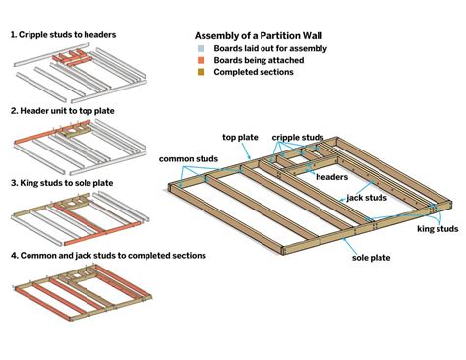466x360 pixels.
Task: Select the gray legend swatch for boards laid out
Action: pos(200,47)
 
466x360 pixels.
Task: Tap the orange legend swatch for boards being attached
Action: pos(200,60)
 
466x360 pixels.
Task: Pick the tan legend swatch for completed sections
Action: pos(200,73)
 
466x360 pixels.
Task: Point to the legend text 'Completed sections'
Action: pos(252,73)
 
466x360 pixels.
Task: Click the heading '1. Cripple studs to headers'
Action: pos(64,35)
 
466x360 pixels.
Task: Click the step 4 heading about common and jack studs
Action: pos(108,255)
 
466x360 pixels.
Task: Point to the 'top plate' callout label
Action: pos(240,138)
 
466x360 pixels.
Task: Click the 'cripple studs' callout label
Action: pos(297,138)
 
